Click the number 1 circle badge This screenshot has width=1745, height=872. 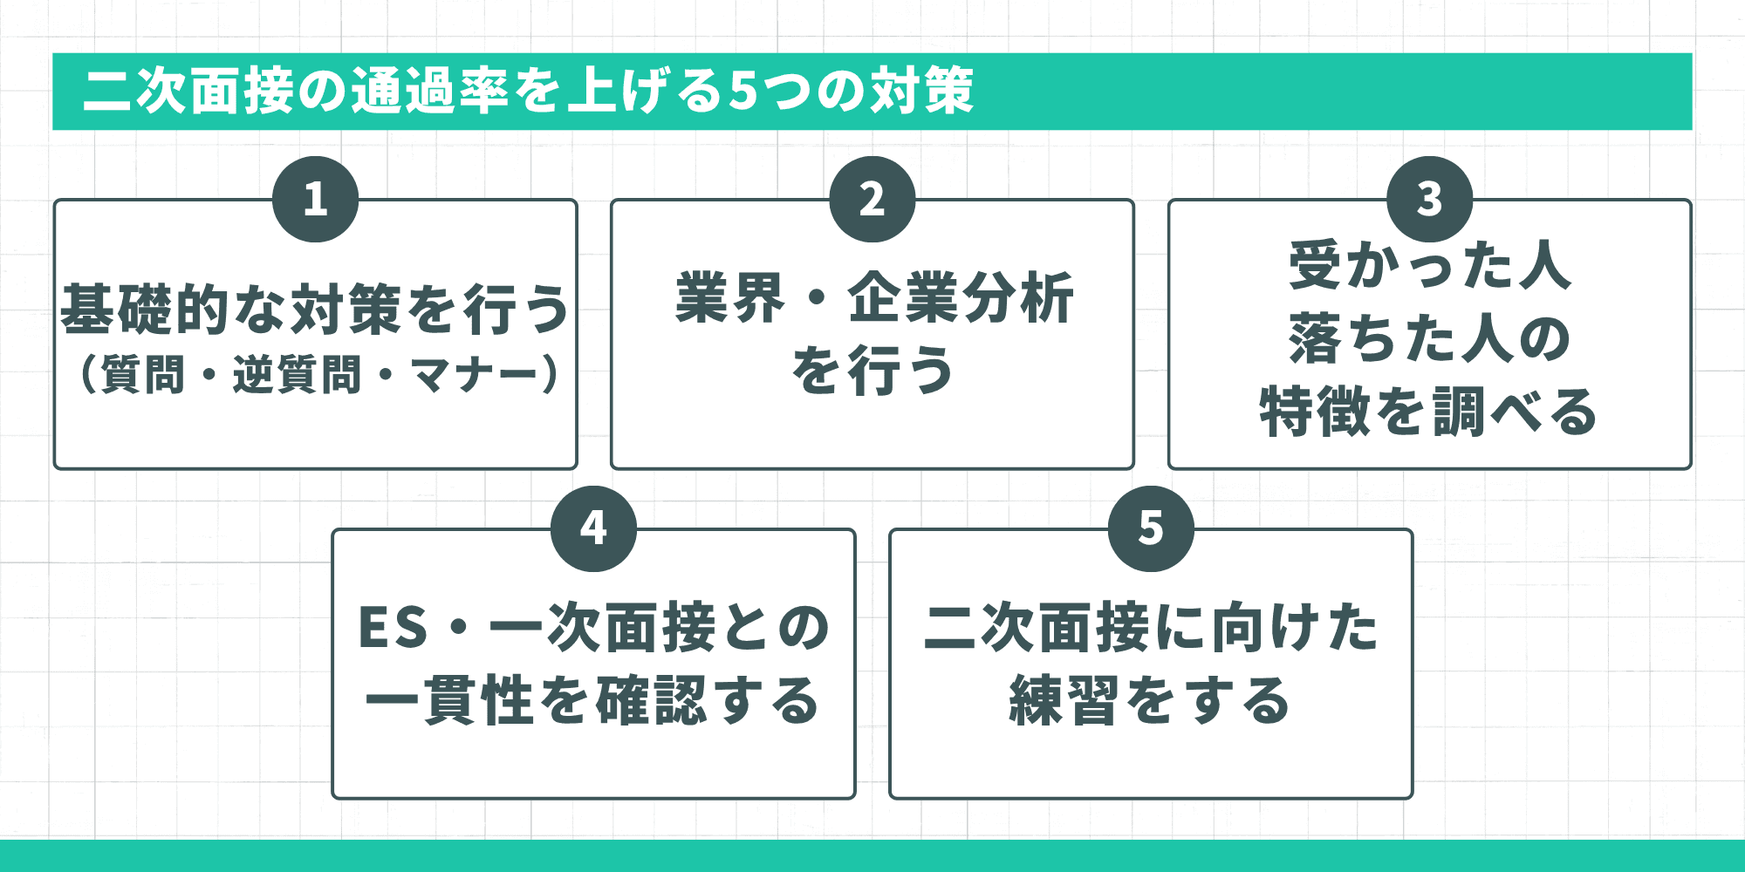tap(315, 200)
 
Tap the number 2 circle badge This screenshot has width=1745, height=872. tap(872, 200)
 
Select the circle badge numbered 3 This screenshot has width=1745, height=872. tap(1429, 200)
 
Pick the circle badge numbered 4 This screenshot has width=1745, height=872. tap(593, 528)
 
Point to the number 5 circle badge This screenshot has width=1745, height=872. tap(1151, 528)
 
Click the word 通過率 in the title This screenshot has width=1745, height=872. tap(431, 91)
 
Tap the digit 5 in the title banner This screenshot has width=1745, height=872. tap(742, 91)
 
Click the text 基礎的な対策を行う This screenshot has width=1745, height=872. tap(315, 310)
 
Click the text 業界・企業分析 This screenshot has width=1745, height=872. tap(872, 298)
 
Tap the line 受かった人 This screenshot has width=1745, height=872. tap(1429, 266)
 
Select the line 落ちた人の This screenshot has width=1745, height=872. tap(1429, 338)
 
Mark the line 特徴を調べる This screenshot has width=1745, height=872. tap(1429, 412)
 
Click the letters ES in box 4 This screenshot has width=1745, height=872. tap(393, 628)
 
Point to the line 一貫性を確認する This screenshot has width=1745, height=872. tap(593, 701)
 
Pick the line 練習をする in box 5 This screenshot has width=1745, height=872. tap(1151, 701)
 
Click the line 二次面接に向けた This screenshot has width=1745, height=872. tap(1151, 628)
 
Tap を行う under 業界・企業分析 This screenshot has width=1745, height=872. tap(872, 371)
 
